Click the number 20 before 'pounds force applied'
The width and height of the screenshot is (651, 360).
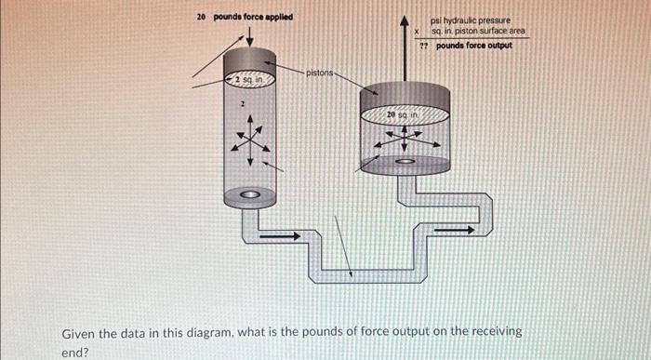pyautogui.click(x=201, y=18)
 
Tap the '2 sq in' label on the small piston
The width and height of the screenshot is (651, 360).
pyautogui.click(x=249, y=83)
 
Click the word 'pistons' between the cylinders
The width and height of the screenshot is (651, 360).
pyautogui.click(x=319, y=72)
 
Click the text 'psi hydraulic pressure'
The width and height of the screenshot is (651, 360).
pyautogui.click(x=471, y=19)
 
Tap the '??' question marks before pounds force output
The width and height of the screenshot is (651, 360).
pyautogui.click(x=423, y=46)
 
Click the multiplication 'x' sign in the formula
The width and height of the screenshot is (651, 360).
pyautogui.click(x=418, y=31)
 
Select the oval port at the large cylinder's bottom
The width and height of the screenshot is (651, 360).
pyautogui.click(x=404, y=162)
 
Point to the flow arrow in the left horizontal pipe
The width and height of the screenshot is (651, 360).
pyautogui.click(x=279, y=235)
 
